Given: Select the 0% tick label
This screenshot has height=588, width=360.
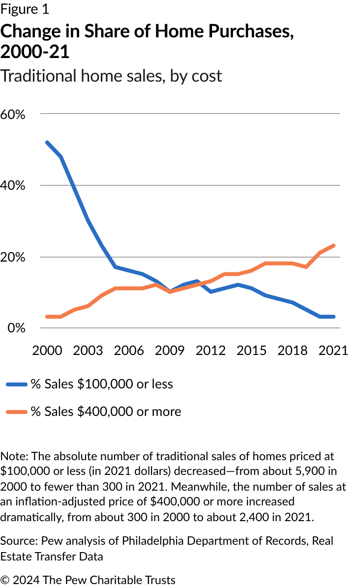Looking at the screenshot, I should pyautogui.click(x=16, y=328).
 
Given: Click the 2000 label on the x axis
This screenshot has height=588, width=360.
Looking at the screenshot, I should pyautogui.click(x=47, y=350).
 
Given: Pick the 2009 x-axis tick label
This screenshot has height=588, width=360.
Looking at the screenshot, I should pyautogui.click(x=171, y=350).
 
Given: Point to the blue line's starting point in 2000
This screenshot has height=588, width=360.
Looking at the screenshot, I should pyautogui.click(x=47, y=143).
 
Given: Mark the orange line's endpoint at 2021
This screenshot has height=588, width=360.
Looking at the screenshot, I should pyautogui.click(x=334, y=245).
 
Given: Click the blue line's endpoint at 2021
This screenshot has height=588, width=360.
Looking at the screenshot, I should pyautogui.click(x=334, y=317).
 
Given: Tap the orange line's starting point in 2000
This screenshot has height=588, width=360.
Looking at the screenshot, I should pyautogui.click(x=47, y=317).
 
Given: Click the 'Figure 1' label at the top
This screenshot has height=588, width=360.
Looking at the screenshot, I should pyautogui.click(x=25, y=9).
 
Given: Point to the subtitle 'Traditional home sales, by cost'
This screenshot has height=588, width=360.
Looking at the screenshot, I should pyautogui.click(x=111, y=76).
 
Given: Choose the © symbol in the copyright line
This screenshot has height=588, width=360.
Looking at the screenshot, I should pyautogui.click(x=5, y=580).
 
